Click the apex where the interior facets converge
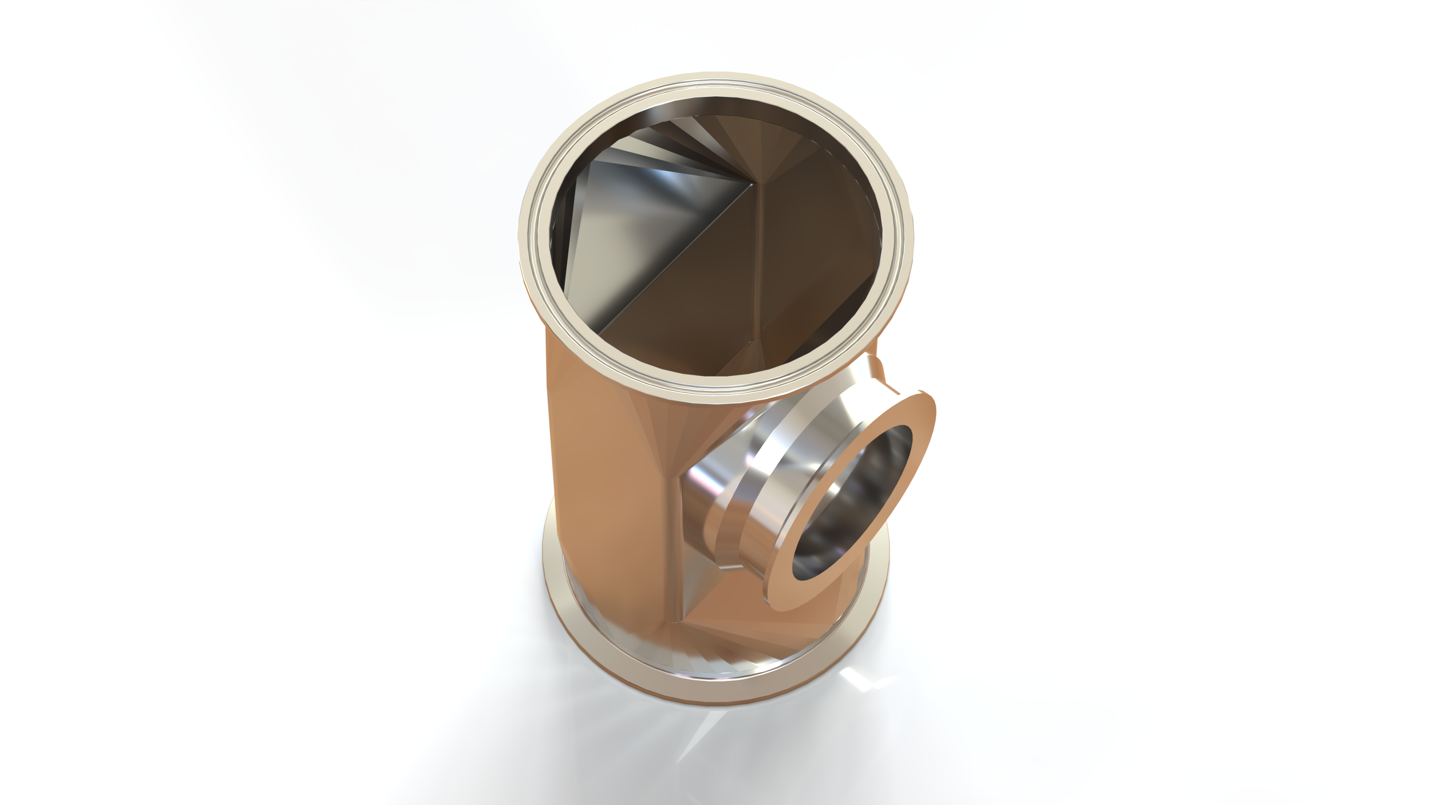pos(752,184)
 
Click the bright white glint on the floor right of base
pos(859,679)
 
